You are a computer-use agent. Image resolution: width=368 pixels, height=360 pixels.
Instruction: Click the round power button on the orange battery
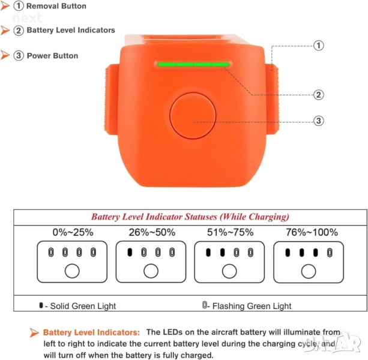193,116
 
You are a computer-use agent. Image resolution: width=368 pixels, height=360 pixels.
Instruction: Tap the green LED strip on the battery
194,64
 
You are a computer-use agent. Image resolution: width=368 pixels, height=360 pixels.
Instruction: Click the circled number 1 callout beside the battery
319,46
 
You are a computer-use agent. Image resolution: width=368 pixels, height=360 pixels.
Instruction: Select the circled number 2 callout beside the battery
319,95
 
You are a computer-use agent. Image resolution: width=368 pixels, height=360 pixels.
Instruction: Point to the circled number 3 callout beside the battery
319,121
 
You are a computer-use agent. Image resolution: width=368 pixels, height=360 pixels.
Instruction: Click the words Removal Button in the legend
56,6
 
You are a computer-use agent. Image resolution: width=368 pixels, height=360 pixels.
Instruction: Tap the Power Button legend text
52,56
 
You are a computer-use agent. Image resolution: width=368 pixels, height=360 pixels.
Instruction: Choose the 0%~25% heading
73,232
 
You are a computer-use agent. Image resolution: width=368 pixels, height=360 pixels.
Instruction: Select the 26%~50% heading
152,232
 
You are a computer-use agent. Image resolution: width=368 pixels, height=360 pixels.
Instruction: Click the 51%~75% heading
231,232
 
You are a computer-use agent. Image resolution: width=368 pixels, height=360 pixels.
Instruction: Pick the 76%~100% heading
312,232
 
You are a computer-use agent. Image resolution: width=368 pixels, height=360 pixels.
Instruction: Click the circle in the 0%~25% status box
72,271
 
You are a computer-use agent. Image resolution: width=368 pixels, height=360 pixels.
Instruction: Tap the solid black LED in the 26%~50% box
130,253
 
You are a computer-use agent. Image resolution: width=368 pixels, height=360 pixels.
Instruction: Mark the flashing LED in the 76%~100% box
330,253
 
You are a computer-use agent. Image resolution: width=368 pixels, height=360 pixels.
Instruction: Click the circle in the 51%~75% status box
229,271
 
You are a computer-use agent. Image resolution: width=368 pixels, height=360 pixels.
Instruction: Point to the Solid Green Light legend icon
41,305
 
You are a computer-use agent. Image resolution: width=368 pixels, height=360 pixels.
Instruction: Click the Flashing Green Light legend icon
205,305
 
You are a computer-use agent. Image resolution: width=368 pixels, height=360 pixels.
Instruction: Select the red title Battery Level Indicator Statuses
190,217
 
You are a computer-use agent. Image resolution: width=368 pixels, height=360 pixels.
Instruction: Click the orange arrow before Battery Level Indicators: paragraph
34,332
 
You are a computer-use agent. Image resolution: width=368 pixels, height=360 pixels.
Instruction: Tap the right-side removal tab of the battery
272,100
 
